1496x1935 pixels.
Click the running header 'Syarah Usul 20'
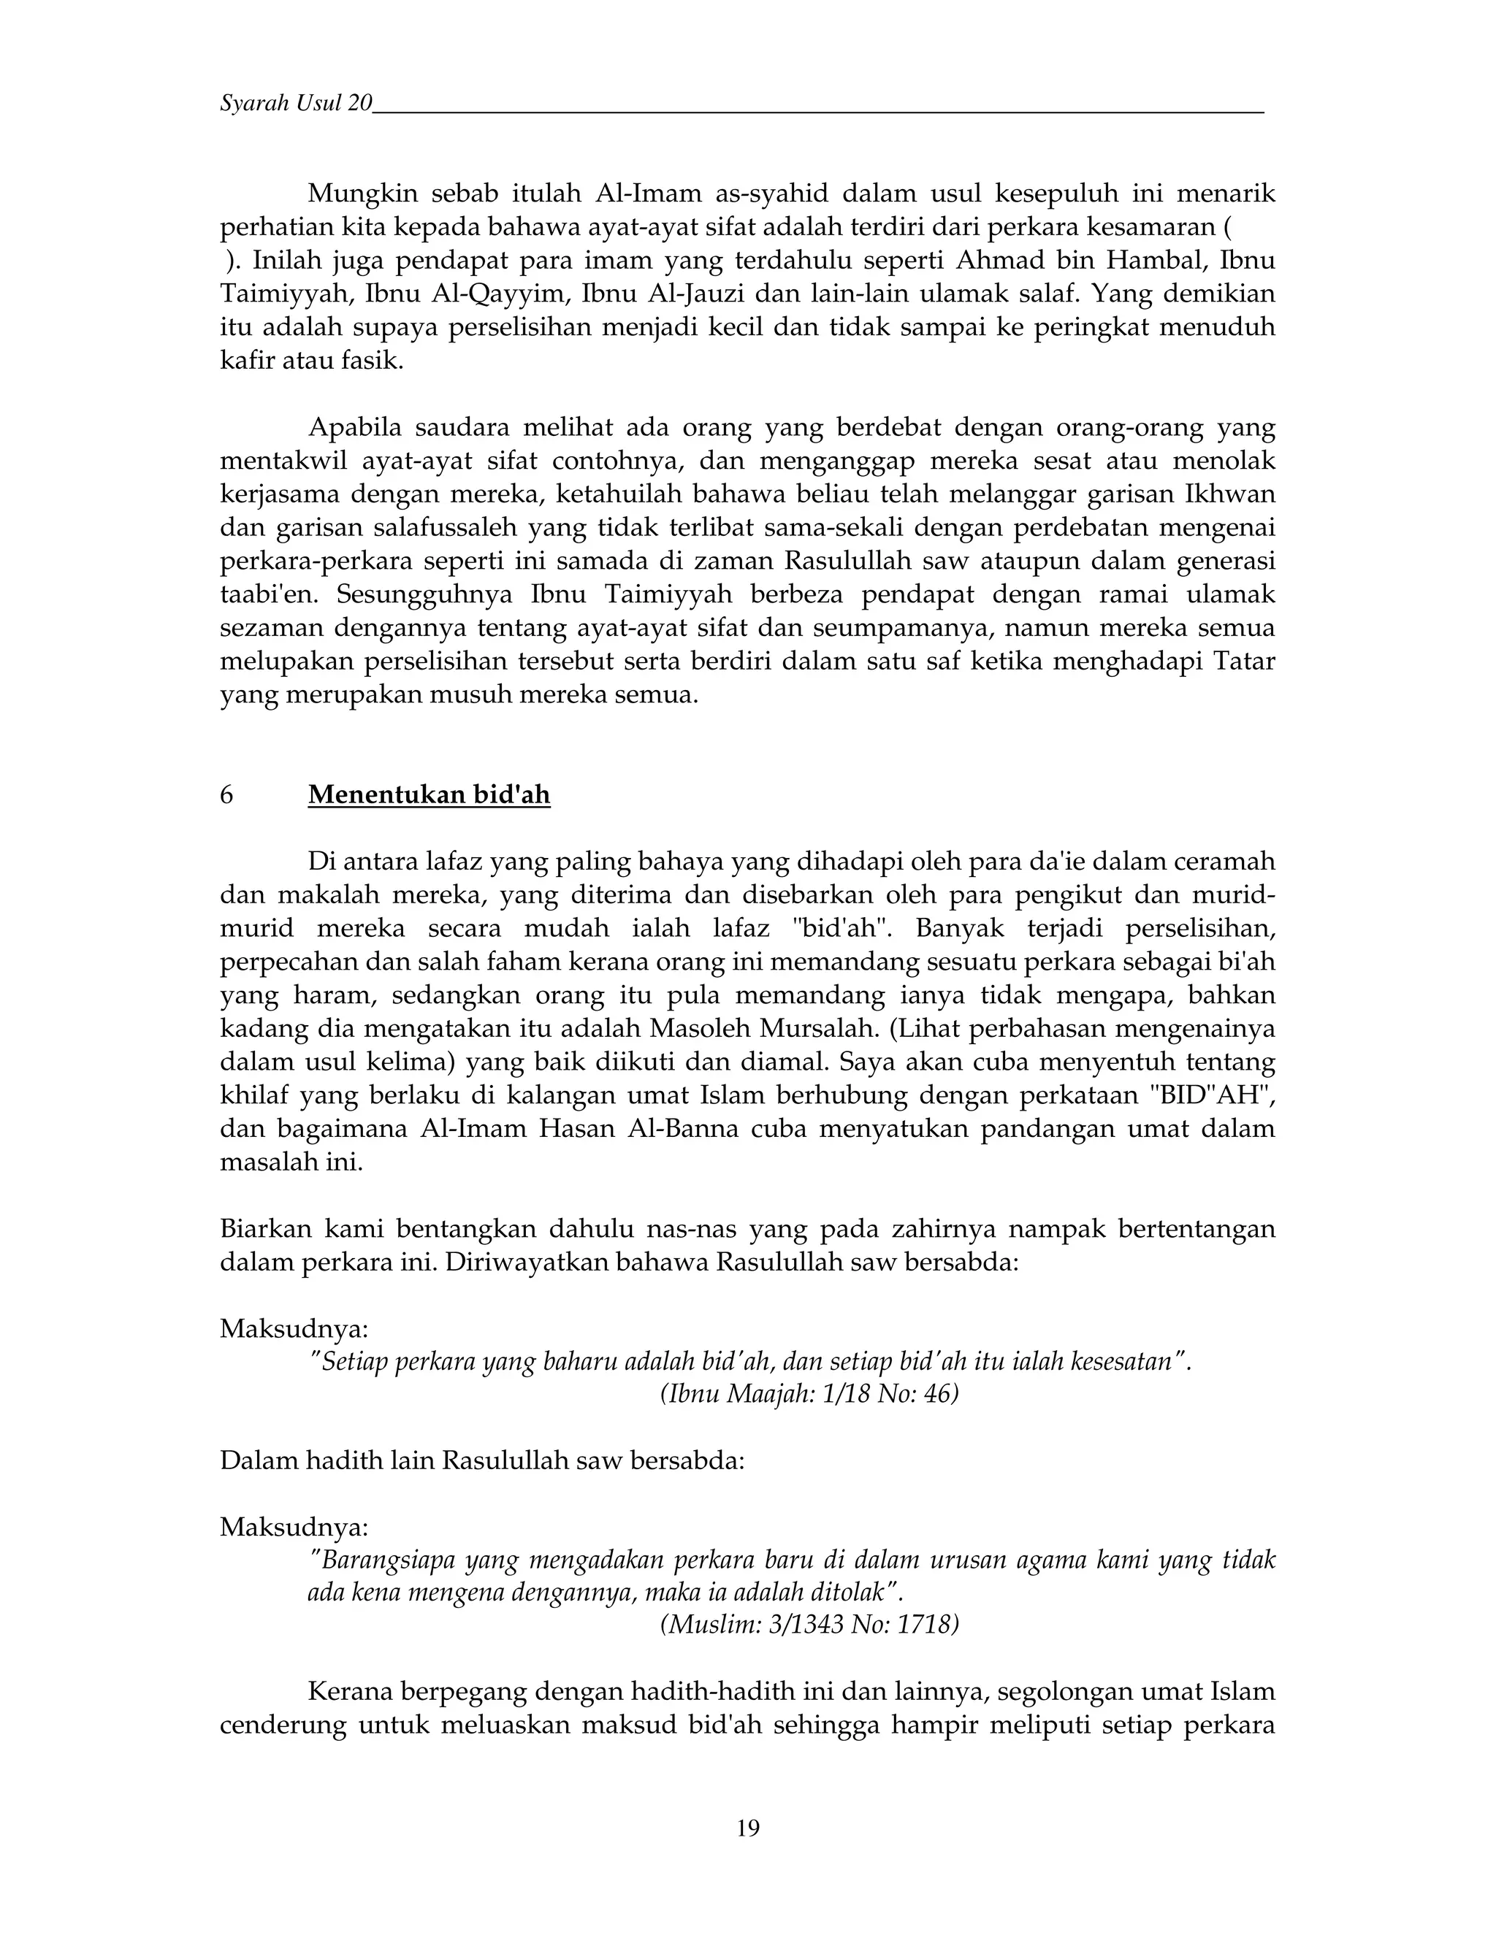[x=296, y=104]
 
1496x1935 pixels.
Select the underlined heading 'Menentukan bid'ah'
[x=429, y=794]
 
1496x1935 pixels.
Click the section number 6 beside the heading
[x=227, y=794]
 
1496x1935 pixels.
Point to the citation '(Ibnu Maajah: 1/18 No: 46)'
[x=809, y=1394]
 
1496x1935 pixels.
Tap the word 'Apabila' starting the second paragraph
[x=354, y=428]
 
